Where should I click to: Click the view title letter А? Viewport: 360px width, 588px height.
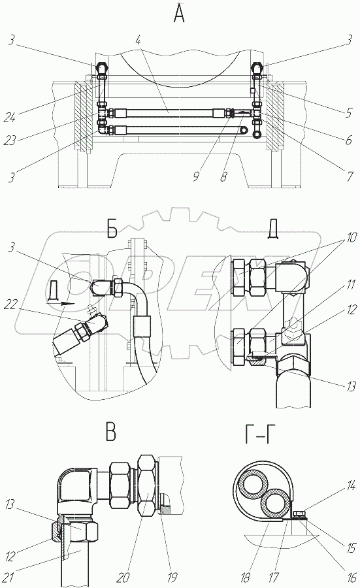point(179,14)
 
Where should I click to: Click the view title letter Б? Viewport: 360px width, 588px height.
point(112,230)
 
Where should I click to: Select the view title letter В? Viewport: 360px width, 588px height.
point(110,433)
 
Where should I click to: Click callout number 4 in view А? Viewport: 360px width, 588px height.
point(138,40)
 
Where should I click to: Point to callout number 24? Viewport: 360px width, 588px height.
point(10,118)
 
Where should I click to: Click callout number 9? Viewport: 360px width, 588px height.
point(196,176)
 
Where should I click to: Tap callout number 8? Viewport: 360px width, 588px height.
point(223,176)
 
